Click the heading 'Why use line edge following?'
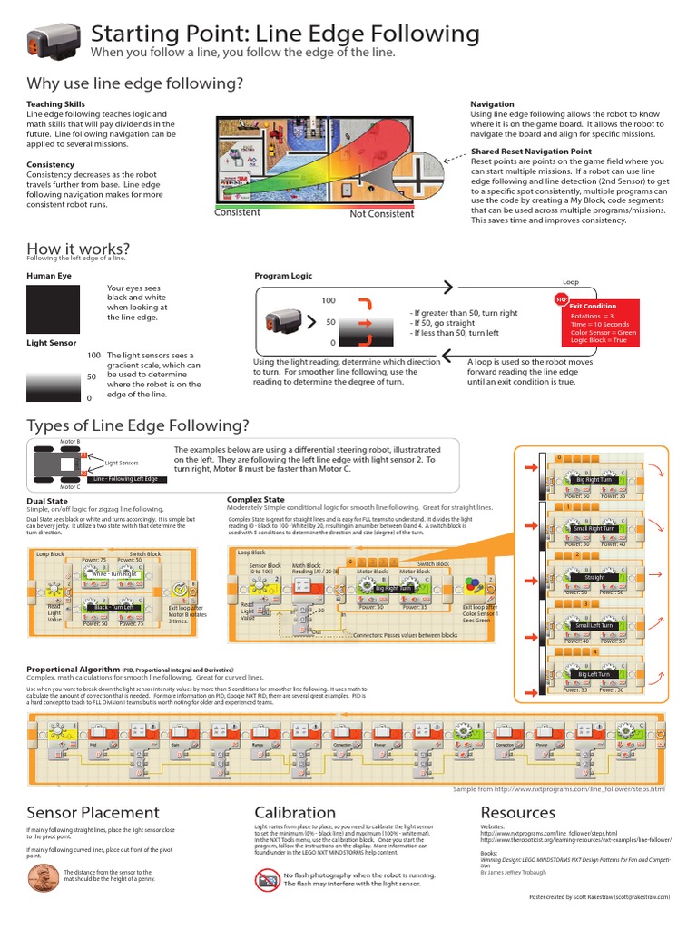tap(135, 83)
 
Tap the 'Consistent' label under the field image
tap(237, 213)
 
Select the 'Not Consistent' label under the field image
tap(381, 214)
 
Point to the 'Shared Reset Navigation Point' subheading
tap(531, 152)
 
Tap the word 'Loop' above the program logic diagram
tap(570, 282)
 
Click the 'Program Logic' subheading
tap(283, 276)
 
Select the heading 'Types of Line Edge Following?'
tap(138, 425)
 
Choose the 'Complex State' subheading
tap(255, 499)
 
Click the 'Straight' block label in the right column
tap(594, 577)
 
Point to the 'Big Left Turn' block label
tap(594, 674)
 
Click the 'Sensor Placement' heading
tap(93, 813)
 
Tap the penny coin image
tap(44, 878)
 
